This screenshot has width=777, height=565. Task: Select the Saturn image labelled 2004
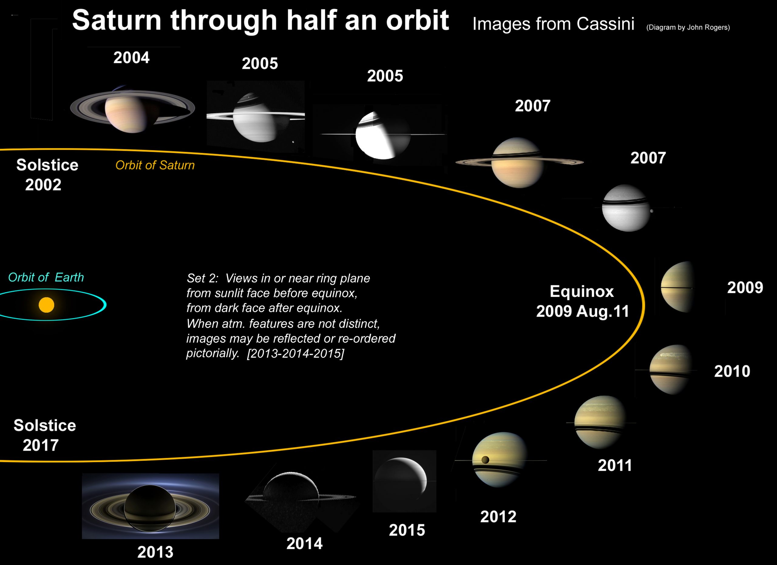pyautogui.click(x=132, y=110)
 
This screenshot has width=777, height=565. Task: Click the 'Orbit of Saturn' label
pyautogui.click(x=155, y=165)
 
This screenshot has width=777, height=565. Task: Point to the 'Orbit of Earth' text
pyautogui.click(x=46, y=277)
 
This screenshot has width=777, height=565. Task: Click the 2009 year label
pyautogui.click(x=745, y=288)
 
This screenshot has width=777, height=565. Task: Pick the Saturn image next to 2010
pyautogui.click(x=671, y=369)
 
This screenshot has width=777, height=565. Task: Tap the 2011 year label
pyautogui.click(x=615, y=465)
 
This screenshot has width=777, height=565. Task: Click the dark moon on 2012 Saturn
pyautogui.click(x=485, y=459)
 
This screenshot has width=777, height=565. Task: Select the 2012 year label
pyautogui.click(x=498, y=517)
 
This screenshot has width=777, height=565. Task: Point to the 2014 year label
pyautogui.click(x=304, y=543)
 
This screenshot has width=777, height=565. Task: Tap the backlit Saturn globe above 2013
pyautogui.click(x=150, y=508)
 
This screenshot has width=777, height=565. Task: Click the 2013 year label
pyautogui.click(x=155, y=552)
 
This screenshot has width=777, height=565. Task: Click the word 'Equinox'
pyautogui.click(x=582, y=291)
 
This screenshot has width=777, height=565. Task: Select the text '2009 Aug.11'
pyautogui.click(x=582, y=311)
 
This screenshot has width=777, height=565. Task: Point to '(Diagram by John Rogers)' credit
pyautogui.click(x=688, y=27)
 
